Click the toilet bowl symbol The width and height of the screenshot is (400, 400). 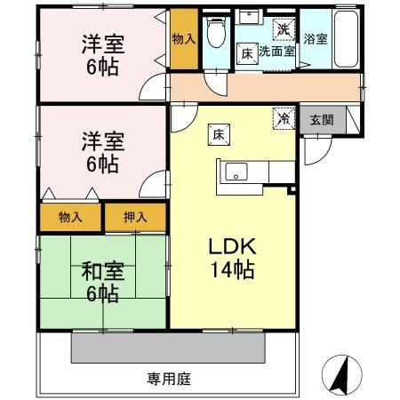tap(216, 32)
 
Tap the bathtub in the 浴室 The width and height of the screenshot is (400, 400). tap(346, 39)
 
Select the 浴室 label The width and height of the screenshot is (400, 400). tap(316, 39)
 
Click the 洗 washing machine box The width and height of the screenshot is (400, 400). tap(284, 29)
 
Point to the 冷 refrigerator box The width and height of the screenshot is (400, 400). tap(284, 118)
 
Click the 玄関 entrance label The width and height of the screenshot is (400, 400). tap(322, 120)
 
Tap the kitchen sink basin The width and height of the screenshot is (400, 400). tap(236, 172)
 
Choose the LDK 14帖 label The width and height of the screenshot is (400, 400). tap(232, 258)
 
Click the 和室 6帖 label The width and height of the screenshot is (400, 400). tap(103, 282)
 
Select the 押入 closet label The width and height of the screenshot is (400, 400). tap(135, 217)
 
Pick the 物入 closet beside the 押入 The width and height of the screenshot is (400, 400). tap(70, 217)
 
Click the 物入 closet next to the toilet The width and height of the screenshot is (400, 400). tap(184, 39)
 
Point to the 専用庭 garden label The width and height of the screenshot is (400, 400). tap(169, 379)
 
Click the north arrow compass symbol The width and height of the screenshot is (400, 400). tap(341, 375)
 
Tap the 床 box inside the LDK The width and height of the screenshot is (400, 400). tap(219, 135)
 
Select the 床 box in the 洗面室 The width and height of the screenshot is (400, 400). tap(247, 54)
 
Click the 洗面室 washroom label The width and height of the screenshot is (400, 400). tap(276, 52)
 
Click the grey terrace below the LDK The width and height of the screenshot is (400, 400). tap(168, 348)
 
